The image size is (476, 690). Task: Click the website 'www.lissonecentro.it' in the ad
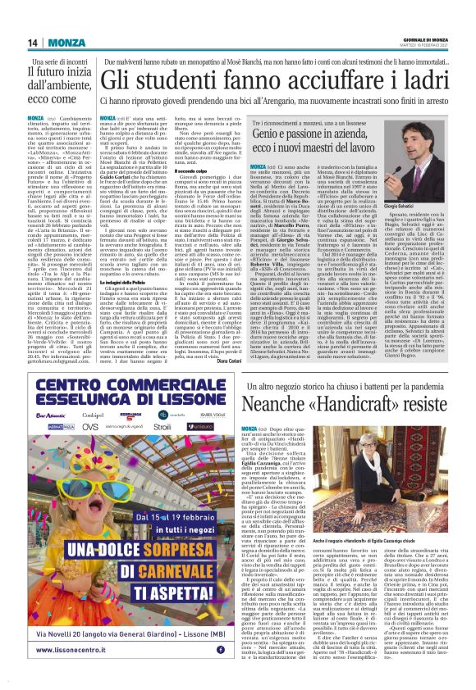pyautogui.click(x=71, y=650)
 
